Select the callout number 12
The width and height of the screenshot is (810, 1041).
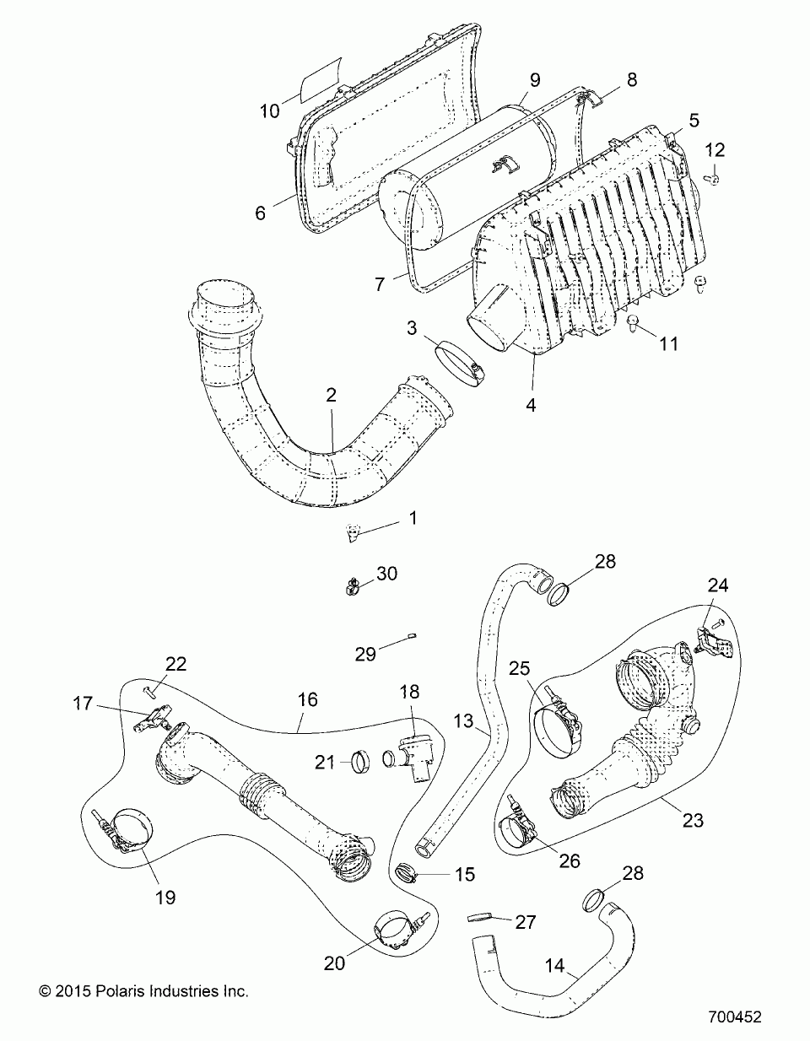[x=715, y=149]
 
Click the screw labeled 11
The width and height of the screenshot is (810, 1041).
[x=635, y=321]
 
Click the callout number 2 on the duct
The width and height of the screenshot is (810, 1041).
[x=332, y=394]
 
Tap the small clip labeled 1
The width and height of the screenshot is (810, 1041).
[x=354, y=531]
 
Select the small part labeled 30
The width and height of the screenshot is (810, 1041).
[x=354, y=583]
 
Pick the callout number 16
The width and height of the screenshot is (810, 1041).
[x=307, y=699]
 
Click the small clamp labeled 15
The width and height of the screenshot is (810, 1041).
[x=408, y=871]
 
